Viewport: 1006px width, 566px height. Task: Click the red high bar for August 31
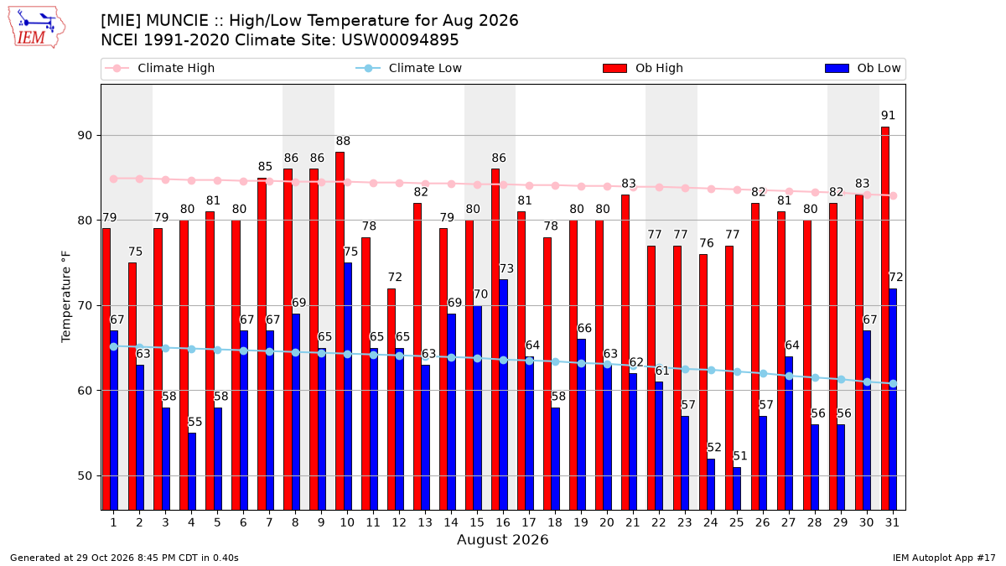click(x=884, y=319)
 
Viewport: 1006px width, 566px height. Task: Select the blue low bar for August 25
click(x=737, y=489)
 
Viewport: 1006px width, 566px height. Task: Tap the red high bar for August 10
click(x=340, y=331)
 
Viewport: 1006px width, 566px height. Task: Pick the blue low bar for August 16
click(x=504, y=395)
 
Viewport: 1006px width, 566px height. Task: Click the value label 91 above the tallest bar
click(x=888, y=116)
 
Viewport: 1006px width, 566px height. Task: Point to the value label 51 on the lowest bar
click(x=740, y=456)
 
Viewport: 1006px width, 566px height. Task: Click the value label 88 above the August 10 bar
click(x=343, y=141)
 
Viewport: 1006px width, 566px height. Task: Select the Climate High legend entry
click(x=159, y=68)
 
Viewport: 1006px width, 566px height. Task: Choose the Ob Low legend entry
click(x=863, y=68)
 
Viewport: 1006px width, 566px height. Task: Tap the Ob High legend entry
click(x=643, y=68)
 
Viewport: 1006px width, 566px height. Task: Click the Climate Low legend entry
click(x=408, y=68)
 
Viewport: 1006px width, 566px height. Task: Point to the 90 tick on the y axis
click(x=85, y=136)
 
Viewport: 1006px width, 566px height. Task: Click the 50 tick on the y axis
click(x=85, y=476)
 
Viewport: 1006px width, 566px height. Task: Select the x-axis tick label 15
click(x=477, y=523)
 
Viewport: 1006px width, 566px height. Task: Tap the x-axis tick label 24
click(x=711, y=523)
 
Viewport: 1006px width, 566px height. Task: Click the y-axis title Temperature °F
click(x=66, y=297)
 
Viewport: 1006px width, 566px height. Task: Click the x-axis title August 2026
click(x=502, y=539)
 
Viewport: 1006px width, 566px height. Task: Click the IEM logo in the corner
click(x=37, y=28)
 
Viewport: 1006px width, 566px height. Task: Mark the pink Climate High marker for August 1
click(x=114, y=179)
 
